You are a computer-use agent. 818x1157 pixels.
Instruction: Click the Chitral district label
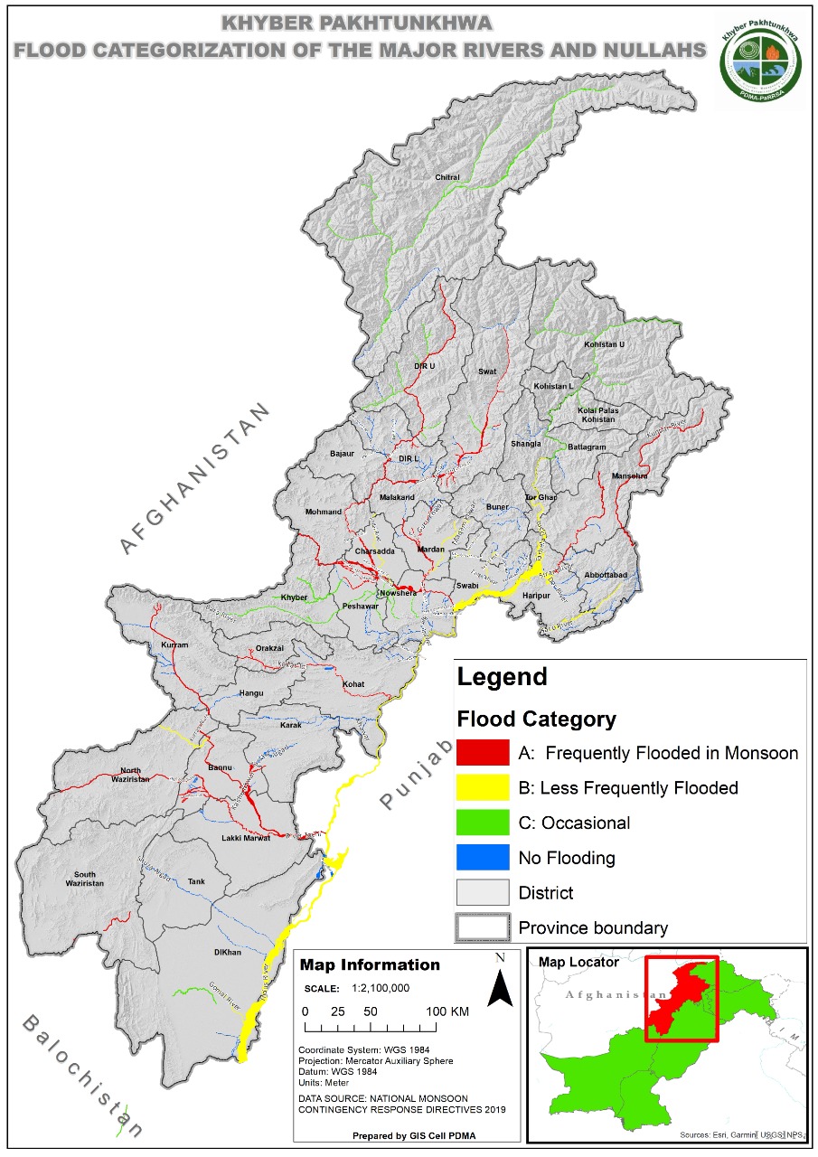(x=447, y=177)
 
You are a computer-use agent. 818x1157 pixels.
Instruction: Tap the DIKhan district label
(x=227, y=953)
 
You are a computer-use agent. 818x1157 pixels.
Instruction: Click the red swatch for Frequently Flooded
(x=483, y=752)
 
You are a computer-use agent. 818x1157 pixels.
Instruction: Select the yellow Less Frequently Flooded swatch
(x=483, y=787)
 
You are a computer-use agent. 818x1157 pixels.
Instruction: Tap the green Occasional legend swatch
(x=483, y=823)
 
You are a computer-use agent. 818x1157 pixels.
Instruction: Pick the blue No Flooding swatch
(x=483, y=857)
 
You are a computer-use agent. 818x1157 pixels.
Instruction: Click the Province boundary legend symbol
(x=483, y=927)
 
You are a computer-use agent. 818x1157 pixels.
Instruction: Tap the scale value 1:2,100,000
(x=371, y=988)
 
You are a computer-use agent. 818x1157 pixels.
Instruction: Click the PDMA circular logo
(x=760, y=61)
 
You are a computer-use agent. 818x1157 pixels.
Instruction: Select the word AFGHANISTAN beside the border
(x=195, y=478)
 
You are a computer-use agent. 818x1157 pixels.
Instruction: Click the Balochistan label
(x=82, y=1075)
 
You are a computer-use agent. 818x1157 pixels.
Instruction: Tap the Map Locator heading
(x=578, y=962)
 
